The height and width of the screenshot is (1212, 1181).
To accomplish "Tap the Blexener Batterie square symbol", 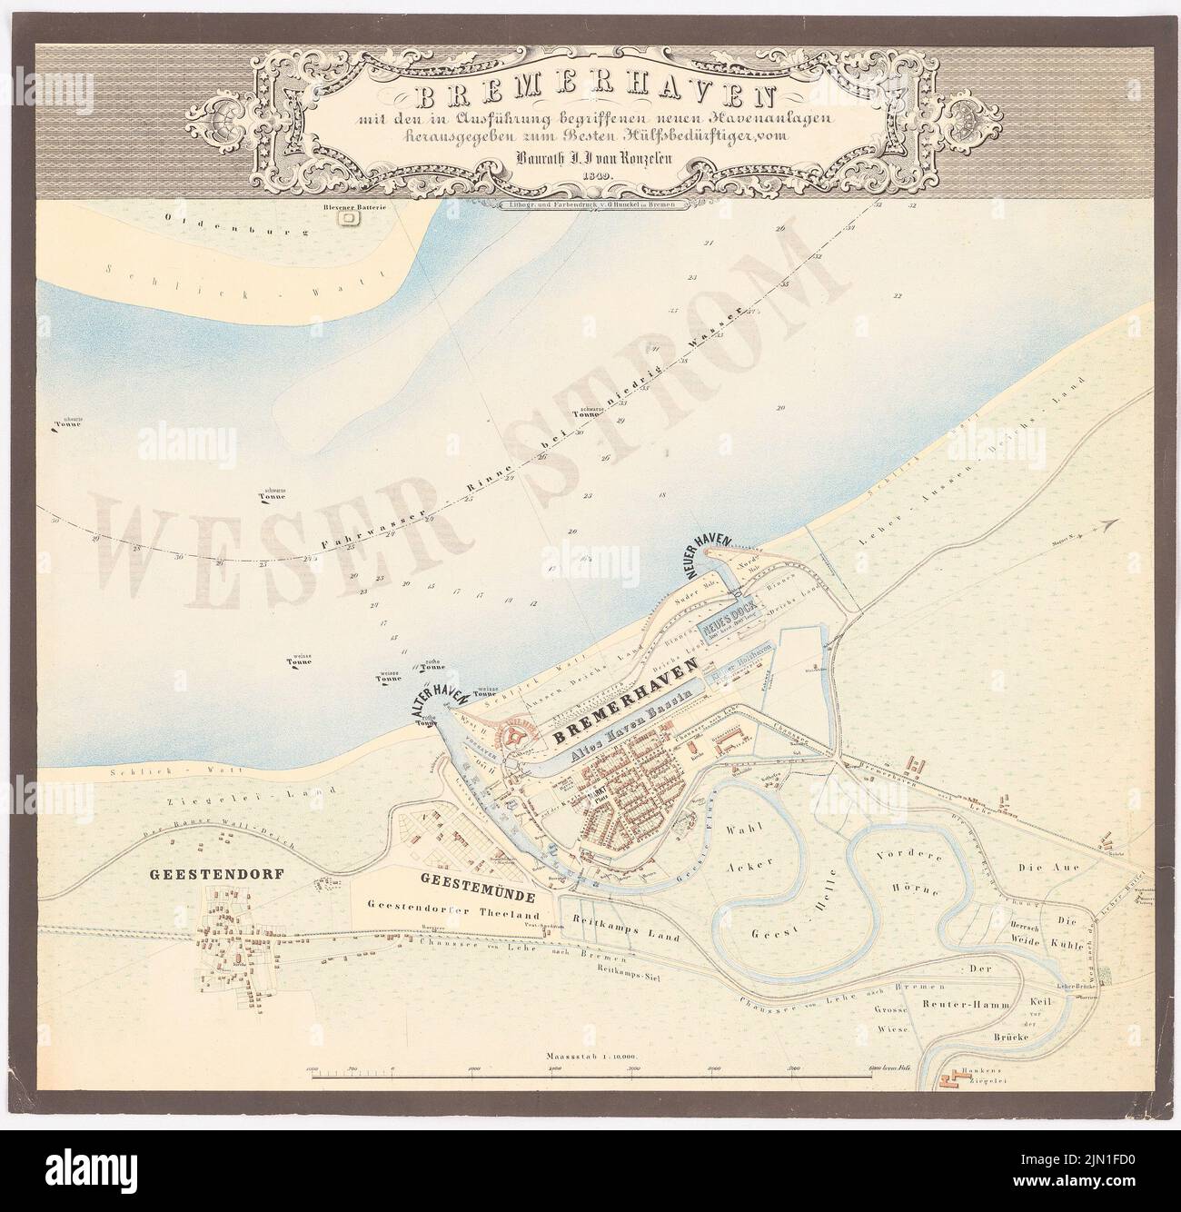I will tap(345, 217).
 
